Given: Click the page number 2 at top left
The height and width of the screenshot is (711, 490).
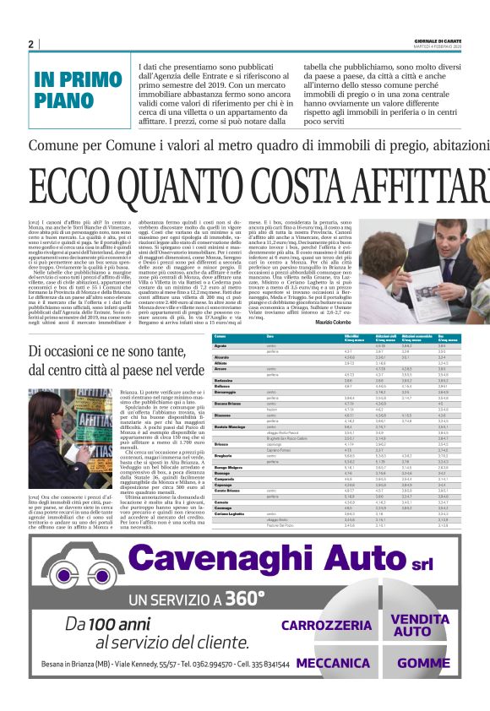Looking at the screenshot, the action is point(31,44).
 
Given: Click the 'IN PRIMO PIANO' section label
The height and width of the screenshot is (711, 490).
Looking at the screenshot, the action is point(77,90).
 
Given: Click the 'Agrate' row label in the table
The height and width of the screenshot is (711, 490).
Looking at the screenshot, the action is point(220,346).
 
